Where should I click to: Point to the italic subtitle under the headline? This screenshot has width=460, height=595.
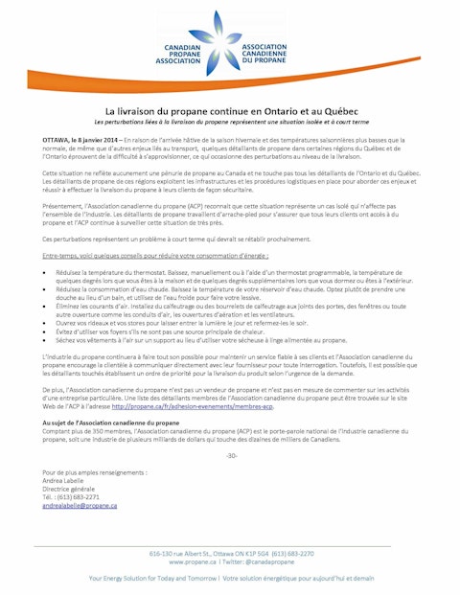click(x=230, y=123)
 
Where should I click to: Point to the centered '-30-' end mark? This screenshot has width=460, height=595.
click(x=230, y=454)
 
